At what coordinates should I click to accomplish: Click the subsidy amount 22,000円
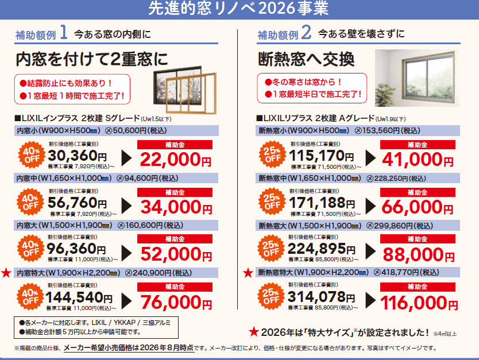(x=176, y=160)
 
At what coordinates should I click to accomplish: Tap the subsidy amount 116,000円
(x=419, y=303)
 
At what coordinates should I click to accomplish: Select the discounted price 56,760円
(x=78, y=203)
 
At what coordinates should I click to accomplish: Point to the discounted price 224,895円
(x=322, y=249)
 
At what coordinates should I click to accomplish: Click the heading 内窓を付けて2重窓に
(x=92, y=59)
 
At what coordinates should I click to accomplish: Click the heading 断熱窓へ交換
(x=306, y=59)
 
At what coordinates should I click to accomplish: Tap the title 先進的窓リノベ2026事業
(x=238, y=8)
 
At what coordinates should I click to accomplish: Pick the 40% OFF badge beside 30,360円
(x=32, y=155)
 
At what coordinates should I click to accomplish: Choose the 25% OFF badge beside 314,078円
(x=271, y=296)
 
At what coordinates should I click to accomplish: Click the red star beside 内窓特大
(x=6, y=273)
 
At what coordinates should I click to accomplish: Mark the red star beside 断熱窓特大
(x=248, y=273)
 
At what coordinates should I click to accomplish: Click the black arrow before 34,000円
(x=126, y=206)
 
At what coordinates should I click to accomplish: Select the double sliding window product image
(x=185, y=90)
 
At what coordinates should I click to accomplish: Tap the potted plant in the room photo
(x=386, y=94)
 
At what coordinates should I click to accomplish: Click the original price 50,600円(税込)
(x=136, y=131)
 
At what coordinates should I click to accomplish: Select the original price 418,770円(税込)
(x=406, y=272)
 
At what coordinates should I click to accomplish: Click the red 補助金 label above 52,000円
(x=175, y=239)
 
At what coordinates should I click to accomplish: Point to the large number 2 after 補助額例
(x=306, y=32)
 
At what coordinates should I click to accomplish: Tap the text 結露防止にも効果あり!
(x=66, y=83)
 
